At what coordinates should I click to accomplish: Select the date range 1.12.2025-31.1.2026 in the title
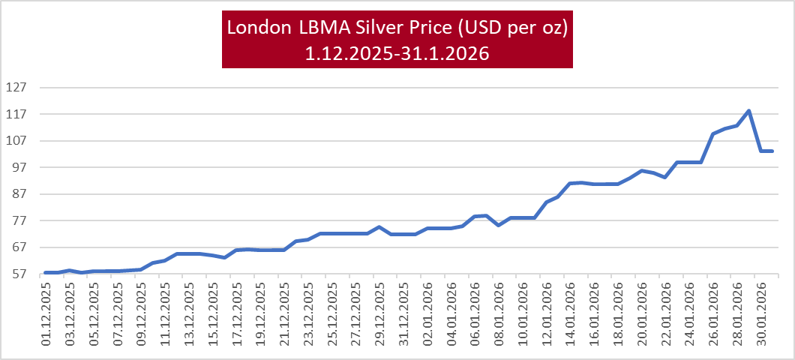tap(397, 53)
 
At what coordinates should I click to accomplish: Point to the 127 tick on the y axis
tap(16, 87)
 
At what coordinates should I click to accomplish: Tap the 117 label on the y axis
tap(16, 114)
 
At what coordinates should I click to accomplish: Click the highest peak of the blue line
tap(748, 111)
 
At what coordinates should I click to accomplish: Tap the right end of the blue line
tap(772, 151)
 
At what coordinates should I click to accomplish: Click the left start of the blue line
tap(46, 272)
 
